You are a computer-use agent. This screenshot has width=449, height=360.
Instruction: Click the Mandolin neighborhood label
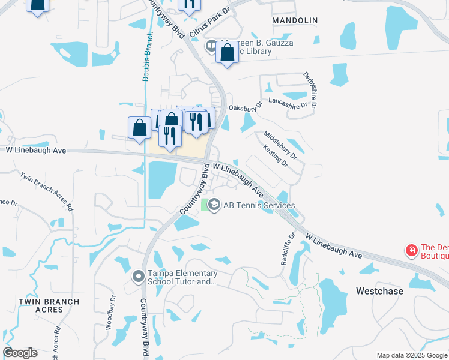(294, 20)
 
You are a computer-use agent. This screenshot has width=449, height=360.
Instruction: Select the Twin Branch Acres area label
(41, 305)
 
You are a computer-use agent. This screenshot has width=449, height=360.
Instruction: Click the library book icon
(211, 46)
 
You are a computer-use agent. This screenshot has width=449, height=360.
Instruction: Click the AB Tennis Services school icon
(215, 205)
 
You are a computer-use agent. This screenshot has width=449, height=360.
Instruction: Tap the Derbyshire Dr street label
(313, 92)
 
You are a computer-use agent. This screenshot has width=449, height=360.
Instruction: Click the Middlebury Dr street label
(280, 145)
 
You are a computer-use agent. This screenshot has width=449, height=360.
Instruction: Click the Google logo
(20, 353)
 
